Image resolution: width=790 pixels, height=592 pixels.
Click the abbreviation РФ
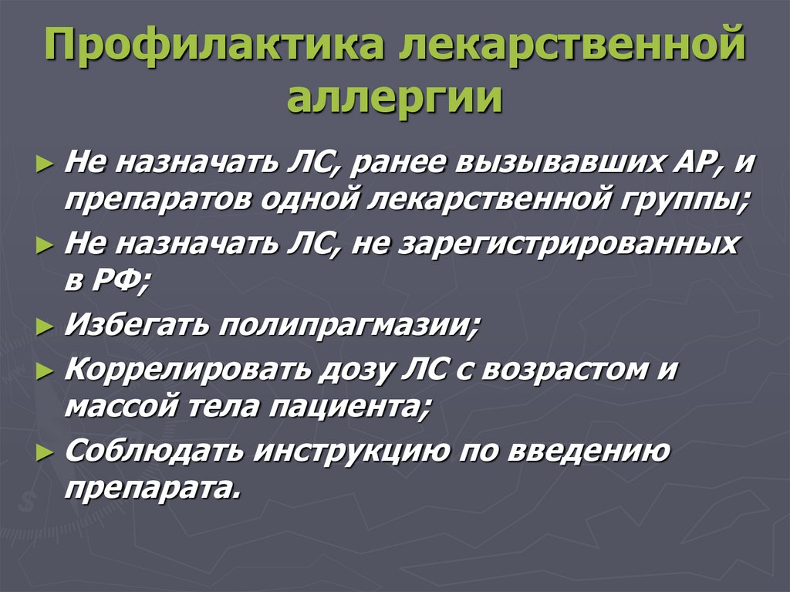(119, 282)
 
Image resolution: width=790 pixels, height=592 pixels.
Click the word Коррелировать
(187, 368)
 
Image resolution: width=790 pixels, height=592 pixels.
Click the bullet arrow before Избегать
(46, 327)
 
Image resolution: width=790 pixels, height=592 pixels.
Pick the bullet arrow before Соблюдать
(46, 451)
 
